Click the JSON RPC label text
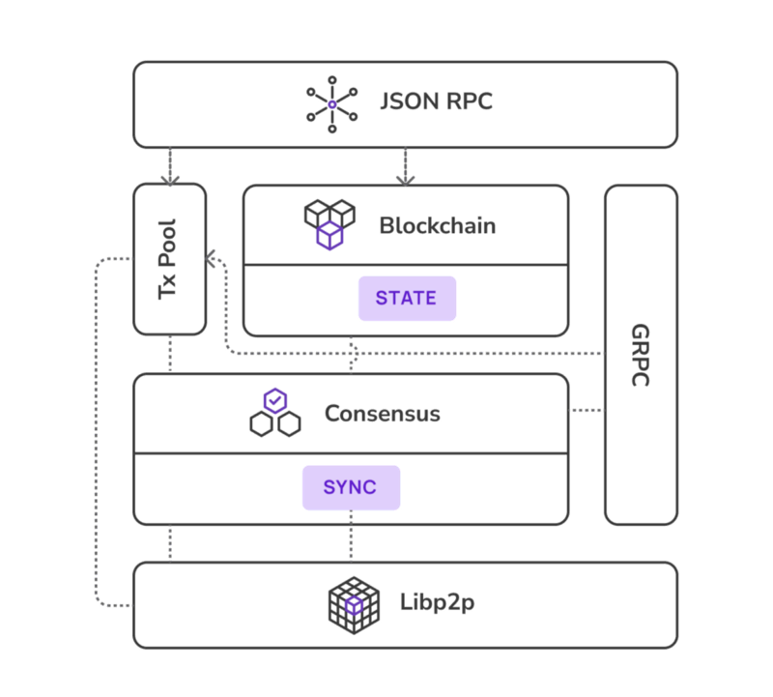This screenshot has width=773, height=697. pyautogui.click(x=437, y=102)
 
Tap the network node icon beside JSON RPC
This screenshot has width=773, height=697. pyautogui.click(x=331, y=103)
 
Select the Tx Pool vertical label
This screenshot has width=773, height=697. pyautogui.click(x=170, y=259)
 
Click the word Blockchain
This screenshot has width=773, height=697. pyautogui.click(x=437, y=226)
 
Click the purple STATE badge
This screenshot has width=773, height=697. pyautogui.click(x=406, y=298)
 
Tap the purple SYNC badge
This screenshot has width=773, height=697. pyautogui.click(x=350, y=487)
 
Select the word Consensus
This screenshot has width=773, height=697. pyautogui.click(x=382, y=414)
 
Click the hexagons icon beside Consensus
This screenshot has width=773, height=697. pyautogui.click(x=275, y=414)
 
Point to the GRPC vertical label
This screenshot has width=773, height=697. pyautogui.click(x=641, y=355)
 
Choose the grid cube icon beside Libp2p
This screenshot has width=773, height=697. pyautogui.click(x=354, y=605)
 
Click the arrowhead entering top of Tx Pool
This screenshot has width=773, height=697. pyautogui.click(x=170, y=179)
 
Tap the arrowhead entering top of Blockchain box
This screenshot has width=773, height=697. pyautogui.click(x=406, y=180)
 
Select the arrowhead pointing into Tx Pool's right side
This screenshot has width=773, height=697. pyautogui.click(x=212, y=259)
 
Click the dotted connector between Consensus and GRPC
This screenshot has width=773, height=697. pyautogui.click(x=587, y=411)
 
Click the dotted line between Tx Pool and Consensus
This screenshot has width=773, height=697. pyautogui.click(x=170, y=354)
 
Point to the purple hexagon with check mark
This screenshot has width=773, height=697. pyautogui.click(x=275, y=400)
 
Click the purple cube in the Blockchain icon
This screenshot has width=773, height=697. pyautogui.click(x=330, y=235)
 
